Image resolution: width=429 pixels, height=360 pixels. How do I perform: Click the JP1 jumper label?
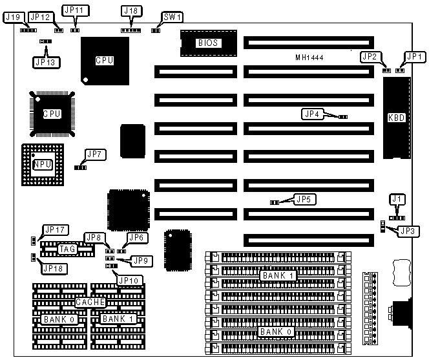pos(412,56)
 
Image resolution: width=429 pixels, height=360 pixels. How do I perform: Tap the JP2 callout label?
pos(370,56)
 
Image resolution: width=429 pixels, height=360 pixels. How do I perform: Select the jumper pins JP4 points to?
pos(343,117)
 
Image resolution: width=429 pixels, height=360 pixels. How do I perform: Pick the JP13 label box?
pos(43,62)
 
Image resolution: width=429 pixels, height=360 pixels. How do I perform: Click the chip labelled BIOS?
pos(206,43)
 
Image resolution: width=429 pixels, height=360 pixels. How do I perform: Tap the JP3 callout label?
pos(408,231)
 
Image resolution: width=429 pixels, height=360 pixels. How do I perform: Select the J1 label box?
pos(397,199)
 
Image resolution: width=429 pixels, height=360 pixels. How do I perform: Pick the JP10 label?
pos(127,280)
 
